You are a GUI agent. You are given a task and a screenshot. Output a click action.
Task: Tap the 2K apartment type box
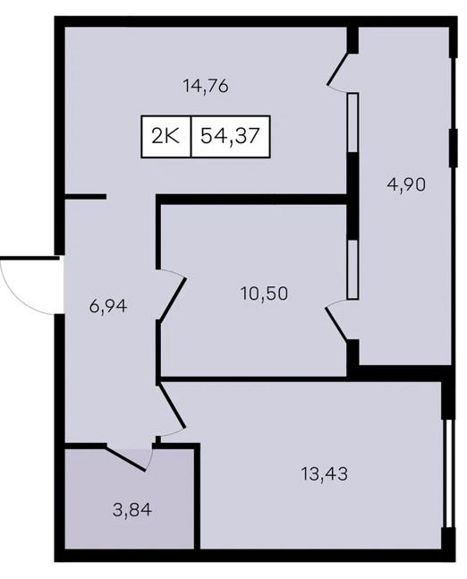(x=166, y=137)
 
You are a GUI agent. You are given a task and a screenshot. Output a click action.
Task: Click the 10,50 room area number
(x=264, y=292)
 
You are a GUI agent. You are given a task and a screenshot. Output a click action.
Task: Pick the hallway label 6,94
(x=109, y=306)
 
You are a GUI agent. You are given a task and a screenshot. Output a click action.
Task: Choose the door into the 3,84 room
(x=130, y=456)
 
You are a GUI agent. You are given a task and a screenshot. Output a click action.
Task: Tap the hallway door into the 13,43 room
(x=172, y=408)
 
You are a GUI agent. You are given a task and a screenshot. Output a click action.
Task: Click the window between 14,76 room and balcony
(x=352, y=122)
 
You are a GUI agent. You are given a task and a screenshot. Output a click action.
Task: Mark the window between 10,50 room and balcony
(x=352, y=268)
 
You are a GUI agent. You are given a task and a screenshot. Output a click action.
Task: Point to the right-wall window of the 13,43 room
(x=447, y=465)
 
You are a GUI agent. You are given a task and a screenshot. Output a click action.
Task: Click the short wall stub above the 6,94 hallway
(x=86, y=197)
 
